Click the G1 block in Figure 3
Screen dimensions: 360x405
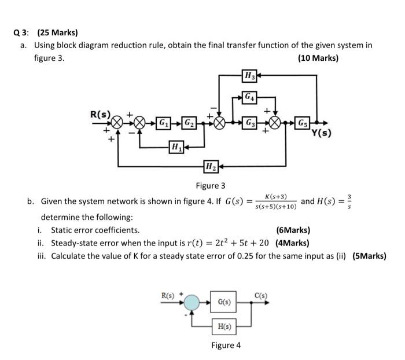164,123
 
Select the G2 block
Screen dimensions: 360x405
189,123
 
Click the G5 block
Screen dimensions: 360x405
303,123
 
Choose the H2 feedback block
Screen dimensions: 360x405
210,167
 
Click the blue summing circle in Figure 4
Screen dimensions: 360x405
192,302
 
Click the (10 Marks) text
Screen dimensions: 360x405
318,58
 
